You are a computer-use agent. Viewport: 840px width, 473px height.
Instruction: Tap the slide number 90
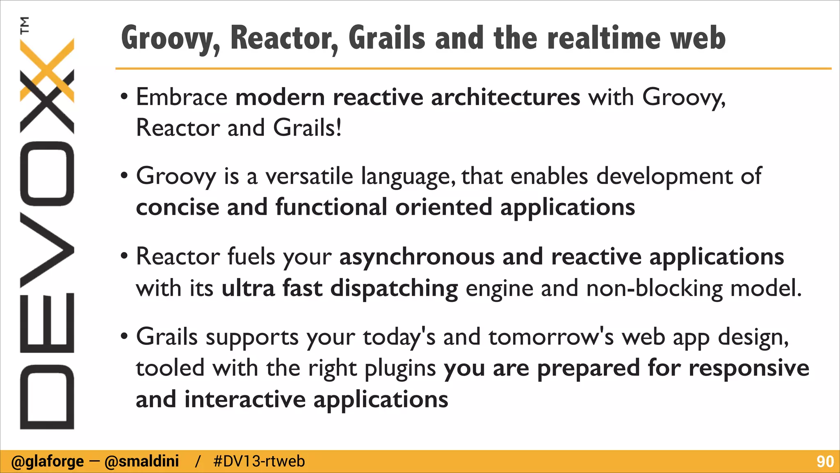point(825,462)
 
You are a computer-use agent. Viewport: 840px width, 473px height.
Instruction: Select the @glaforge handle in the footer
point(48,462)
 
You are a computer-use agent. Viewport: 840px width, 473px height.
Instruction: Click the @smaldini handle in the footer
point(142,462)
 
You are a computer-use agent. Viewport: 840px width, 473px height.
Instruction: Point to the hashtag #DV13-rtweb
point(259,462)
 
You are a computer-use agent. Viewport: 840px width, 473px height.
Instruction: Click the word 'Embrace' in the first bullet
point(182,97)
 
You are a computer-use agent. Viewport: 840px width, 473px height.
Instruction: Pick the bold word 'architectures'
point(505,97)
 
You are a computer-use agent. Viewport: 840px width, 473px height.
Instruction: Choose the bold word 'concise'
point(177,207)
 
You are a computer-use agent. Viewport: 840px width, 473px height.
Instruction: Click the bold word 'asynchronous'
point(417,257)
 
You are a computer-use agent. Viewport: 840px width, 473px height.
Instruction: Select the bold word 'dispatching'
point(394,288)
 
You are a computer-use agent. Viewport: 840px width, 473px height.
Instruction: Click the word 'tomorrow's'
point(551,337)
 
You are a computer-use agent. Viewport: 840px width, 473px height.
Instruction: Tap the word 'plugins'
point(400,368)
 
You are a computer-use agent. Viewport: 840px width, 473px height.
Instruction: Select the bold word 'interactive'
point(245,399)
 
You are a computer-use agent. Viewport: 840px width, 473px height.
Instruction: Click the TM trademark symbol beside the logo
point(25,25)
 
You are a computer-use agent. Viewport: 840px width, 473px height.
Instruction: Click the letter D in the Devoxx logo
point(47,397)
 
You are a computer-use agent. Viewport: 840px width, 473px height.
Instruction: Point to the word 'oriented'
point(443,207)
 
